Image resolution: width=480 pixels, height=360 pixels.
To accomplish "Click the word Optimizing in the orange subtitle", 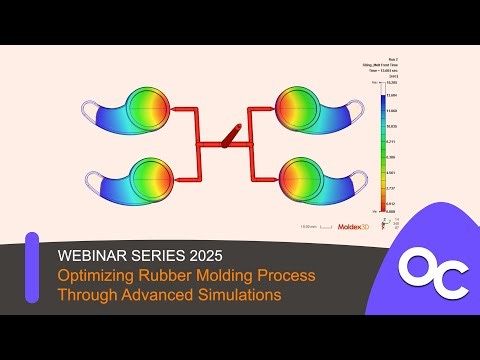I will (99, 273).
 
